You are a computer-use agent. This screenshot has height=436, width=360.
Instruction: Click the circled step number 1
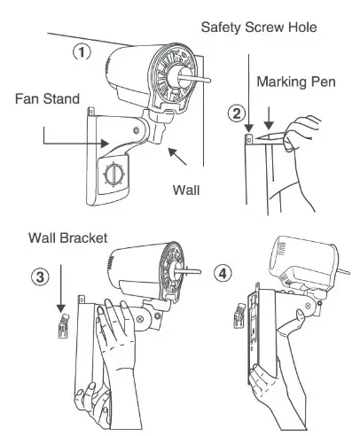[81, 52]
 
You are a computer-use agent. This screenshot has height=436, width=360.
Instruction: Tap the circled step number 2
[236, 113]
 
